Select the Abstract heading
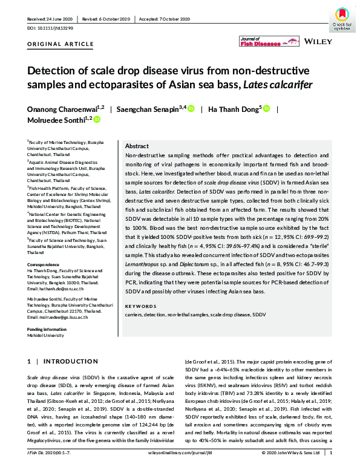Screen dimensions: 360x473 coord(137,146)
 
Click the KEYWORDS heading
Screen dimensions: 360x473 coord(141,307)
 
